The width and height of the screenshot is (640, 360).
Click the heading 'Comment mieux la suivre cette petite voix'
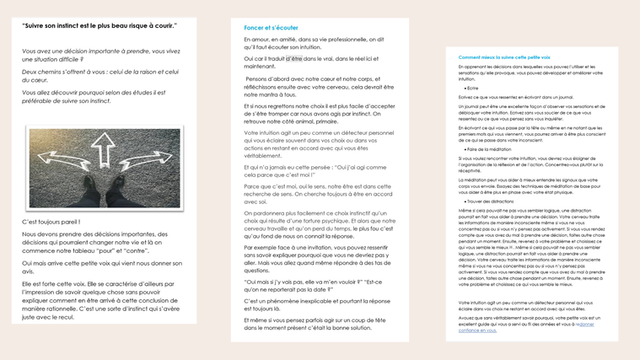click(504, 57)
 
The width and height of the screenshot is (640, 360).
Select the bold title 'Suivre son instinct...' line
click(99, 25)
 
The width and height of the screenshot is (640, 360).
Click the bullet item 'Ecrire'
click(473, 88)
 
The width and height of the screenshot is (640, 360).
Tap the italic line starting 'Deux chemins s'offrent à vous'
click(100, 72)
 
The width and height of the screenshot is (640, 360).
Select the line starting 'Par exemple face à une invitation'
click(315, 248)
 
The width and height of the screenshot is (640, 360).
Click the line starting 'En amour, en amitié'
click(314, 39)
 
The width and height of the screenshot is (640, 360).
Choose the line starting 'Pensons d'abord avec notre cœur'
click(319, 78)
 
